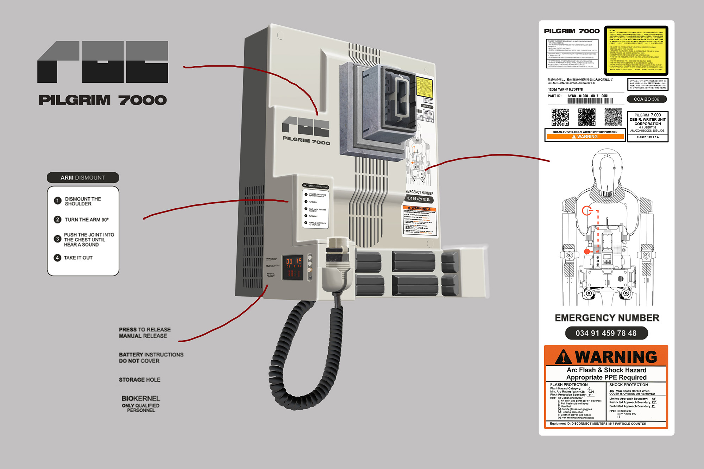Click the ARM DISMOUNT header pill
83,178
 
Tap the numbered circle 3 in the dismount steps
57,239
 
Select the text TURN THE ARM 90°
87,220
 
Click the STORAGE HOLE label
139,380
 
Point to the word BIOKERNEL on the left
141,399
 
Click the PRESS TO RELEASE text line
145,330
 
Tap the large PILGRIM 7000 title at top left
102,100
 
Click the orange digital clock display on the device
294,261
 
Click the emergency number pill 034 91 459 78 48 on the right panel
606,333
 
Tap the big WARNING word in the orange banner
616,357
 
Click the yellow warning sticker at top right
636,50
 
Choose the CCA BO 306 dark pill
646,99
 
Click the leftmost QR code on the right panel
560,117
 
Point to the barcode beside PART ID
590,101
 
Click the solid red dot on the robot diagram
587,252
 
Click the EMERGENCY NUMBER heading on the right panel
607,318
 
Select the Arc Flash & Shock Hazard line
606,370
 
